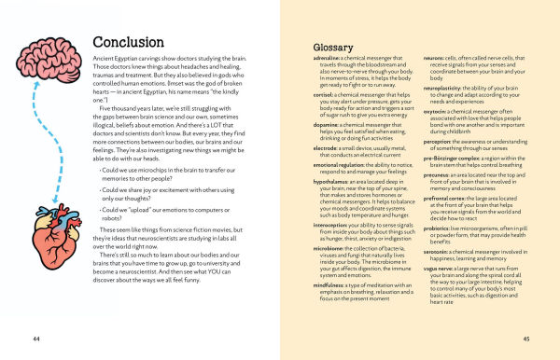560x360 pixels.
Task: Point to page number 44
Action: click(x=35, y=336)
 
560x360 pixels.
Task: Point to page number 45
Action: click(x=526, y=337)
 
